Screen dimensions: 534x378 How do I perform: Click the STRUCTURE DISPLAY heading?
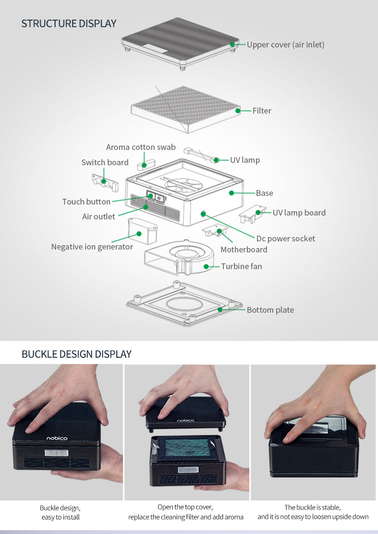point(69,23)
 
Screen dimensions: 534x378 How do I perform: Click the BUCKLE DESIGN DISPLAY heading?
point(77,354)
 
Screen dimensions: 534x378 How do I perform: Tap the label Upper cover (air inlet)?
point(286,45)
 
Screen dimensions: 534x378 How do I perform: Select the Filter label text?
point(262,111)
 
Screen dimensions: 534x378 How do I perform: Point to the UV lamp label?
point(245,159)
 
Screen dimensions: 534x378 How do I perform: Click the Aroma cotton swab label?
point(141,147)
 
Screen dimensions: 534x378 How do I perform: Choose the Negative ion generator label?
point(92,247)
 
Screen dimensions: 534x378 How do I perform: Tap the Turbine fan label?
point(242,266)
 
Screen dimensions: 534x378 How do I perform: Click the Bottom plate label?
point(270,310)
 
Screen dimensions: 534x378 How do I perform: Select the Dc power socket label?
point(286,239)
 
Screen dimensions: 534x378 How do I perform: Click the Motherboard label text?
point(244,250)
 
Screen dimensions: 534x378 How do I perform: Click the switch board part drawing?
point(105,181)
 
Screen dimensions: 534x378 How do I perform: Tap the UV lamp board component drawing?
point(252,214)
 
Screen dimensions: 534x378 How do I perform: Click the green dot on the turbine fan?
point(206,266)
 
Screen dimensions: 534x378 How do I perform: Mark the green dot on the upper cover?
point(232,45)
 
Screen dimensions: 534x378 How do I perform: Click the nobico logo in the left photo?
point(57,438)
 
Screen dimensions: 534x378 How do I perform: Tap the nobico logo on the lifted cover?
point(186,420)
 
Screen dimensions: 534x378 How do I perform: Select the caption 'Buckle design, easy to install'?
point(60,512)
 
